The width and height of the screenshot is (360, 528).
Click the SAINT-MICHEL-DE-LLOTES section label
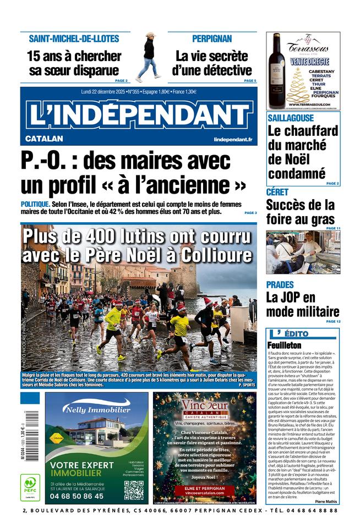click(x=74, y=38)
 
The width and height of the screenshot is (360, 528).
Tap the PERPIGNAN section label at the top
click(x=212, y=38)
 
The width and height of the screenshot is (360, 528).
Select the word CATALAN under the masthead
click(x=44, y=139)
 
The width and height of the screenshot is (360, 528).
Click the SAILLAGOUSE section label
click(x=291, y=118)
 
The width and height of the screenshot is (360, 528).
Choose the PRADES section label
click(x=280, y=284)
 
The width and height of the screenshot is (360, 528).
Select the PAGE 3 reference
click(x=250, y=213)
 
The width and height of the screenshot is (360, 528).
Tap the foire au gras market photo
click(x=303, y=252)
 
